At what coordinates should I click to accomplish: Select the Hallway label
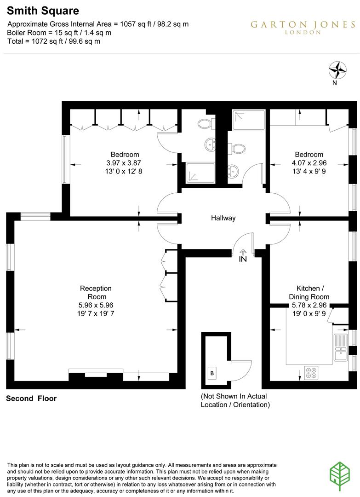pyautogui.click(x=223, y=218)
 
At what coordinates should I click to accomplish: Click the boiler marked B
pyautogui.click(x=212, y=373)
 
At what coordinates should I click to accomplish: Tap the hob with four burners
pyautogui.click(x=312, y=372)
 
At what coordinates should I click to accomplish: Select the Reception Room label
pyautogui.click(x=96, y=292)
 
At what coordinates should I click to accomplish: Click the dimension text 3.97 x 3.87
pyautogui.click(x=125, y=163)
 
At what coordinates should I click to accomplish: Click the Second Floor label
pyautogui.click(x=31, y=399)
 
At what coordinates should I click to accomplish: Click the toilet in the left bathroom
pyautogui.click(x=204, y=124)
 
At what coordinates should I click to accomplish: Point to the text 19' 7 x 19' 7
pyautogui.click(x=96, y=313)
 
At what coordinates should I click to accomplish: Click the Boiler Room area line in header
pyautogui.click(x=59, y=33)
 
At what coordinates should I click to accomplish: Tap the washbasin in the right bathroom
pyautogui.click(x=233, y=172)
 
